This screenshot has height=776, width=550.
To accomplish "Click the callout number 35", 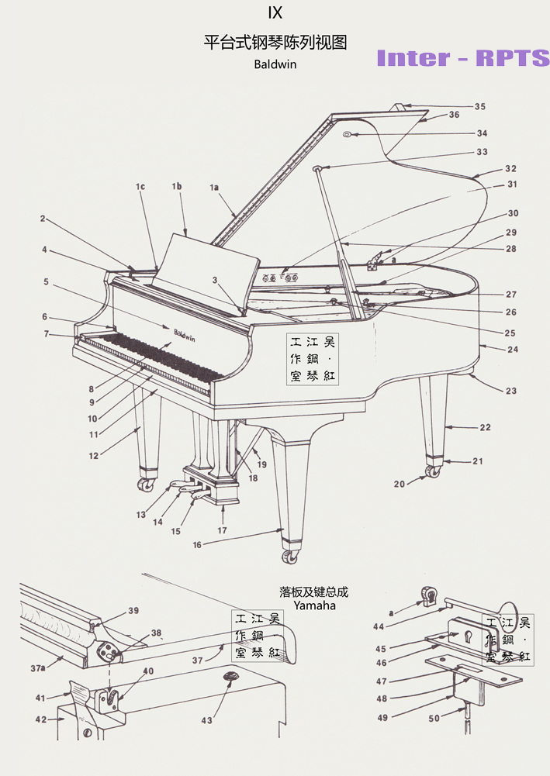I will coord(480,106).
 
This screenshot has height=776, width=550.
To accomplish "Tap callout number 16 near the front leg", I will coord(197,545).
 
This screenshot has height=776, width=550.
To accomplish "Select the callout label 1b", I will coord(177,187).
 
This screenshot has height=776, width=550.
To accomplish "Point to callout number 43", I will coord(206,721).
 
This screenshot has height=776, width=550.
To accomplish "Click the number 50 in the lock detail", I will coord(434,719).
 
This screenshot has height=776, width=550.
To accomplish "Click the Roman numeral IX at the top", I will coord(275,13).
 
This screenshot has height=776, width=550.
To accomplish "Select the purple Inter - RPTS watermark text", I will coord(462,58).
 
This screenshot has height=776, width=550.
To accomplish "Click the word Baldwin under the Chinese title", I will coord(275,64).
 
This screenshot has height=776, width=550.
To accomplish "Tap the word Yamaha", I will coord(314,605).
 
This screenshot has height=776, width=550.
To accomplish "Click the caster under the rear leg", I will coord(433,471).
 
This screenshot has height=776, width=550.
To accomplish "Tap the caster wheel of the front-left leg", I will coord(144,485).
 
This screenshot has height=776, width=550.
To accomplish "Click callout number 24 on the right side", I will coord(513,349).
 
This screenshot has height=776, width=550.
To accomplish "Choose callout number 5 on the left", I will coord(46,282).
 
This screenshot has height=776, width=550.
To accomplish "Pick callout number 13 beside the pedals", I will coord(141,515).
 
